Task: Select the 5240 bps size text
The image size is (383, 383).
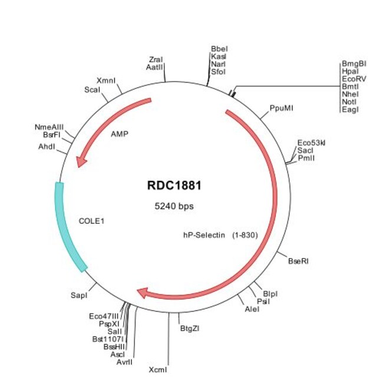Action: [174, 207]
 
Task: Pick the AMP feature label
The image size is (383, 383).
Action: [119, 134]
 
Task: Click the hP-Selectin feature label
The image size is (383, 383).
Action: [203, 235]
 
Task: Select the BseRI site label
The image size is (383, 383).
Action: [298, 260]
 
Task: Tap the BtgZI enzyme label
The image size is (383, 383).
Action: [190, 329]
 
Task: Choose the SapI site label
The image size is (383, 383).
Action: [78, 293]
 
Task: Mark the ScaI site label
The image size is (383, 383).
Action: [93, 90]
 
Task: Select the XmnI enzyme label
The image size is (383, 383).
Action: [106, 80]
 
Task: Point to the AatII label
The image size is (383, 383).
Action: [155, 67]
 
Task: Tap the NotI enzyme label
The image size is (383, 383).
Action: [349, 101]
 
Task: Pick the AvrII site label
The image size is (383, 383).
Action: [124, 362]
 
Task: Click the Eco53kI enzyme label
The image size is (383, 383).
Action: [311, 143]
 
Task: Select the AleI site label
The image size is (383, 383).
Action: [251, 309]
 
